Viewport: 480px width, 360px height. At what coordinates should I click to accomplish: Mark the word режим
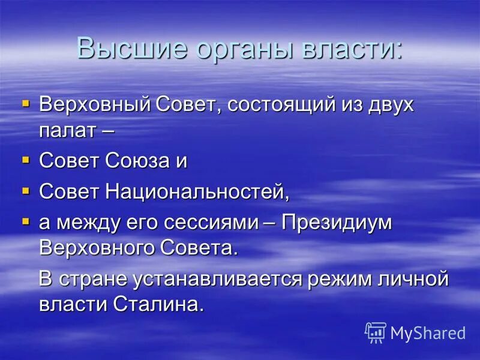tap(347, 279)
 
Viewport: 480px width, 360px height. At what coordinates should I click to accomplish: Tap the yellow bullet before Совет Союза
tap(25, 160)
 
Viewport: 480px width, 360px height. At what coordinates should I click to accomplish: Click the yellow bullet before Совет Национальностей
tap(25, 191)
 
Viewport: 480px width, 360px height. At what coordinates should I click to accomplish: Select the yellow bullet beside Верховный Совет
tap(25, 104)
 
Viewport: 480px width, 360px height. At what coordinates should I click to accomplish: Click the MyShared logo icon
tap(376, 332)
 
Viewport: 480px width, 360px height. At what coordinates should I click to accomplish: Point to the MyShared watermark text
tap(428, 333)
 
